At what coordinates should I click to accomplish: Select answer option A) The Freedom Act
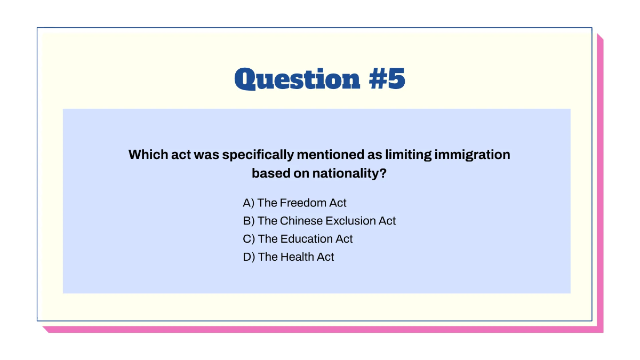[x=294, y=203]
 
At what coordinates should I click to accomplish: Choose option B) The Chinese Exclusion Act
[x=319, y=221]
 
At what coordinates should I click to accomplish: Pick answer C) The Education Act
[x=298, y=239]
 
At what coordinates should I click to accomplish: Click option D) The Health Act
[x=288, y=257]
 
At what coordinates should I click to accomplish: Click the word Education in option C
[x=307, y=239]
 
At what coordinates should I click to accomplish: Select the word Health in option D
[x=297, y=257]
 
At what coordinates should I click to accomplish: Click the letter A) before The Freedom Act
[x=249, y=203]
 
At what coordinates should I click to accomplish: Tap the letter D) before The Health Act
[x=249, y=257]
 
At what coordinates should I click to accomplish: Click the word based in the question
[x=268, y=174]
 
